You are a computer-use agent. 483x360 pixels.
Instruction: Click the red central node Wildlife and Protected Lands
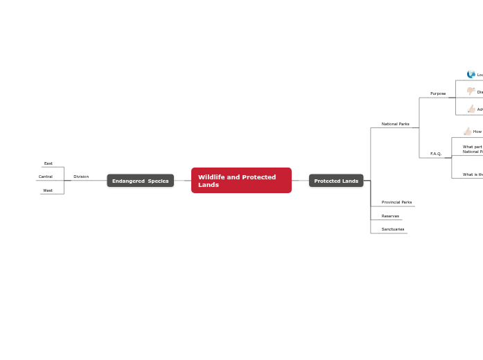(241, 181)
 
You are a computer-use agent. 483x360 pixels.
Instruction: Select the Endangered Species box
(140, 181)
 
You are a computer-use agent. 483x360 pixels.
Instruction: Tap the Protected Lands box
(336, 181)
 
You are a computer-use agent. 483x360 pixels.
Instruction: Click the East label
(49, 163)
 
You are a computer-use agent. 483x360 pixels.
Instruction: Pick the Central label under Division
(46, 177)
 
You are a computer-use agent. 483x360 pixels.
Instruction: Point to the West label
(48, 190)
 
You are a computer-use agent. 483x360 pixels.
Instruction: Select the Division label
(81, 177)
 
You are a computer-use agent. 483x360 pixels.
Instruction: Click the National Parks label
(395, 124)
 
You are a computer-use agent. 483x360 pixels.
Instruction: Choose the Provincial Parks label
(396, 202)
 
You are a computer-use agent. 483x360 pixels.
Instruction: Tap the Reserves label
(390, 216)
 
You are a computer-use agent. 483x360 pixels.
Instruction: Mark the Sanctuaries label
(393, 229)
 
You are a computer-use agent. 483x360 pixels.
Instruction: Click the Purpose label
(438, 93)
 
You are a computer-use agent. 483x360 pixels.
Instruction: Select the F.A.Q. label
(436, 154)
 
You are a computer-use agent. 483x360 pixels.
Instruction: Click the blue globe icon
(471, 75)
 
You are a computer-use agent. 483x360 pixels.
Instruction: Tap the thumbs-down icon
(471, 91)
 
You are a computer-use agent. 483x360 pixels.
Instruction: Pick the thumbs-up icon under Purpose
(471, 109)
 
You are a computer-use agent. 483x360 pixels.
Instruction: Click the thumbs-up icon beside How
(468, 132)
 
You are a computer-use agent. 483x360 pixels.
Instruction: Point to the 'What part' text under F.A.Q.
(473, 147)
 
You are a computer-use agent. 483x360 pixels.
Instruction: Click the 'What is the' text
(473, 174)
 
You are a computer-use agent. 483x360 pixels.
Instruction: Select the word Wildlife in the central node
(211, 177)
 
